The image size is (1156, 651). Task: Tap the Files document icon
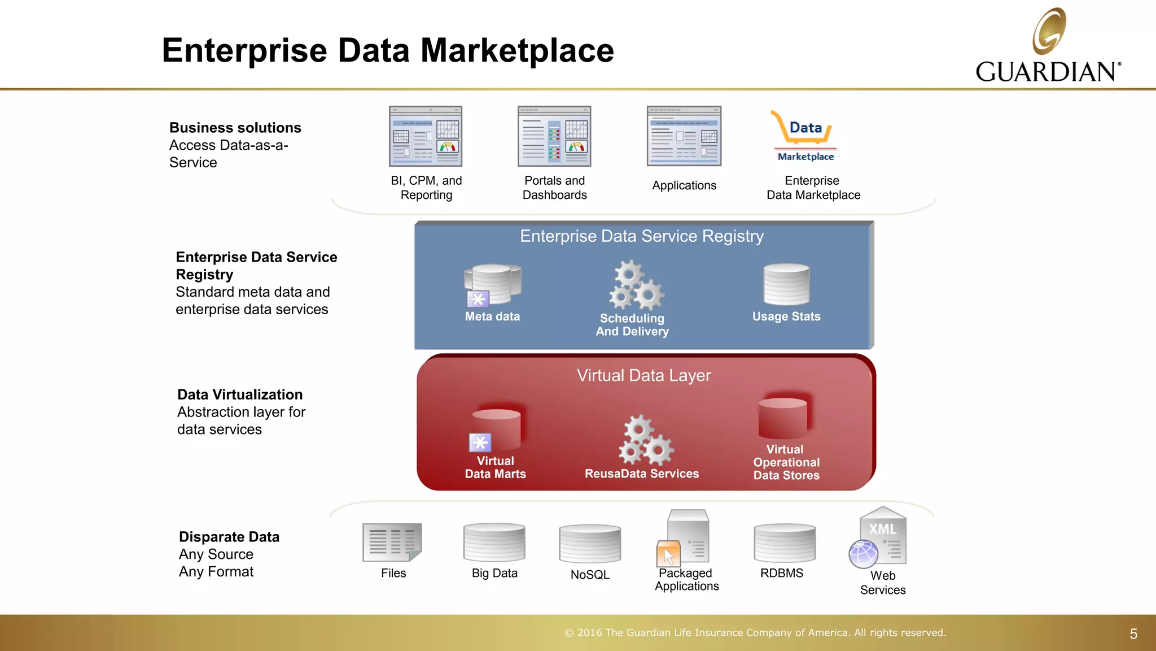pyautogui.click(x=392, y=542)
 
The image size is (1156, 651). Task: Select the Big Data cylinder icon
pyautogui.click(x=494, y=542)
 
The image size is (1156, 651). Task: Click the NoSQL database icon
pyautogui.click(x=590, y=544)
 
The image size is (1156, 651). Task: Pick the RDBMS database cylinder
pyautogui.click(x=784, y=542)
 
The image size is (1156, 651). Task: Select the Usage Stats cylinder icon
pyautogui.click(x=786, y=284)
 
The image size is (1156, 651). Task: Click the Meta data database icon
pyautogui.click(x=492, y=284)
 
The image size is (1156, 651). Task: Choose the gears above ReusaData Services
pyautogui.click(x=646, y=440)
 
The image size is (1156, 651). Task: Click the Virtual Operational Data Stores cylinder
pyautogui.click(x=783, y=418)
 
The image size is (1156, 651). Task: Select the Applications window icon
pyautogui.click(x=684, y=136)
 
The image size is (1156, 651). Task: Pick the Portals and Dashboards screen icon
pyautogui.click(x=554, y=136)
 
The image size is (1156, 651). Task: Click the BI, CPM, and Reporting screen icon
pyautogui.click(x=426, y=136)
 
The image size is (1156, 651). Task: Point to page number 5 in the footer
pyautogui.click(x=1133, y=634)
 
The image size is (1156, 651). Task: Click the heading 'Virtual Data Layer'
pyautogui.click(x=643, y=375)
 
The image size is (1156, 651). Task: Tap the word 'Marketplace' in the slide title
pyautogui.click(x=517, y=50)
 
